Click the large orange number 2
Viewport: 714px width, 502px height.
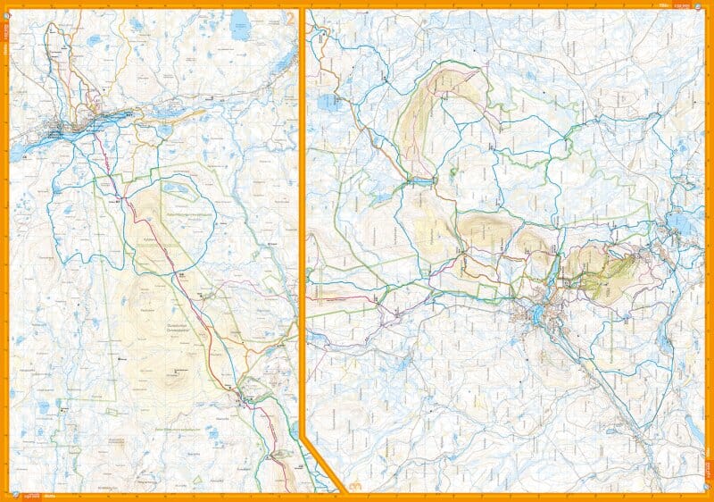[288, 17]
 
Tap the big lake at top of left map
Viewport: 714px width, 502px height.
[239, 27]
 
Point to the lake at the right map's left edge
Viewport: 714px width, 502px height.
[323, 101]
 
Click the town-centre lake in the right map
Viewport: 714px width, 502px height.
[535, 314]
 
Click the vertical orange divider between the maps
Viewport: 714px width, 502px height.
[302, 223]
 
